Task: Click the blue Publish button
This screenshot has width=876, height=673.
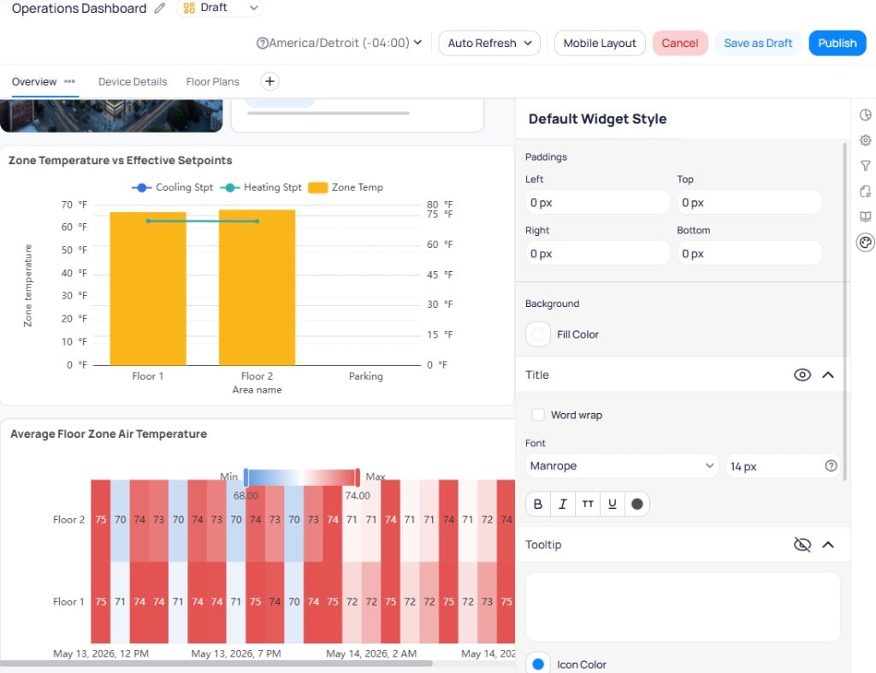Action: pos(837,43)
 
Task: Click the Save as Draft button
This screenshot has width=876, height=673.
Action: pos(758,43)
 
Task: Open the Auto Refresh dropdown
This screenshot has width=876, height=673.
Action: pos(488,43)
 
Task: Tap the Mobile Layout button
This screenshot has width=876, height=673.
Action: pos(600,43)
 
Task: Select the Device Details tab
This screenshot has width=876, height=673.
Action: pos(133,81)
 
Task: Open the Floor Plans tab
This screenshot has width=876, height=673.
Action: pos(212,81)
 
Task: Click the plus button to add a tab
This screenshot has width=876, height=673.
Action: pos(269,81)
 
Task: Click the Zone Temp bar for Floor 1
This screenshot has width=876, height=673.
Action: pos(148,289)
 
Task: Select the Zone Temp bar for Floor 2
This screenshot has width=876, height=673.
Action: pos(257,287)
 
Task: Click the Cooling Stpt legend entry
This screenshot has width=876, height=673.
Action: pos(172,187)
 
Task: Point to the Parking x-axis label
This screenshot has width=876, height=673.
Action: pos(366,376)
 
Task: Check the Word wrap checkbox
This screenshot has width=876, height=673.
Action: pos(538,415)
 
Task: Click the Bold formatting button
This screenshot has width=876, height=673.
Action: pos(538,504)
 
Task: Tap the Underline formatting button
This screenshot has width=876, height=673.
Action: pos(613,504)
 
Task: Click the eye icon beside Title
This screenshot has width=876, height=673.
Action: pos(802,375)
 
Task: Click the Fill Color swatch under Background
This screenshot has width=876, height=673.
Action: pos(538,334)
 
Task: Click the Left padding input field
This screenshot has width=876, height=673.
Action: pos(596,202)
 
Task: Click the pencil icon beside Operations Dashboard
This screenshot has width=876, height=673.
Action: pos(160,8)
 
